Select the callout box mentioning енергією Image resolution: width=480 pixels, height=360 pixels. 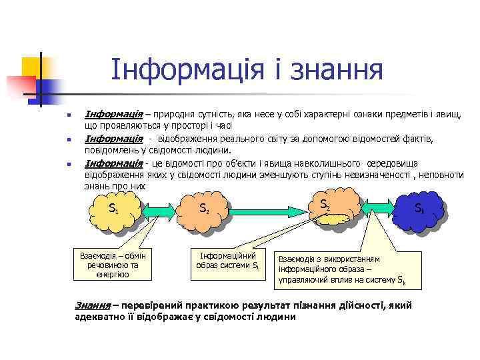pos(113,265)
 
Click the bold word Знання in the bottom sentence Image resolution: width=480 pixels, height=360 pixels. pos(93,305)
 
